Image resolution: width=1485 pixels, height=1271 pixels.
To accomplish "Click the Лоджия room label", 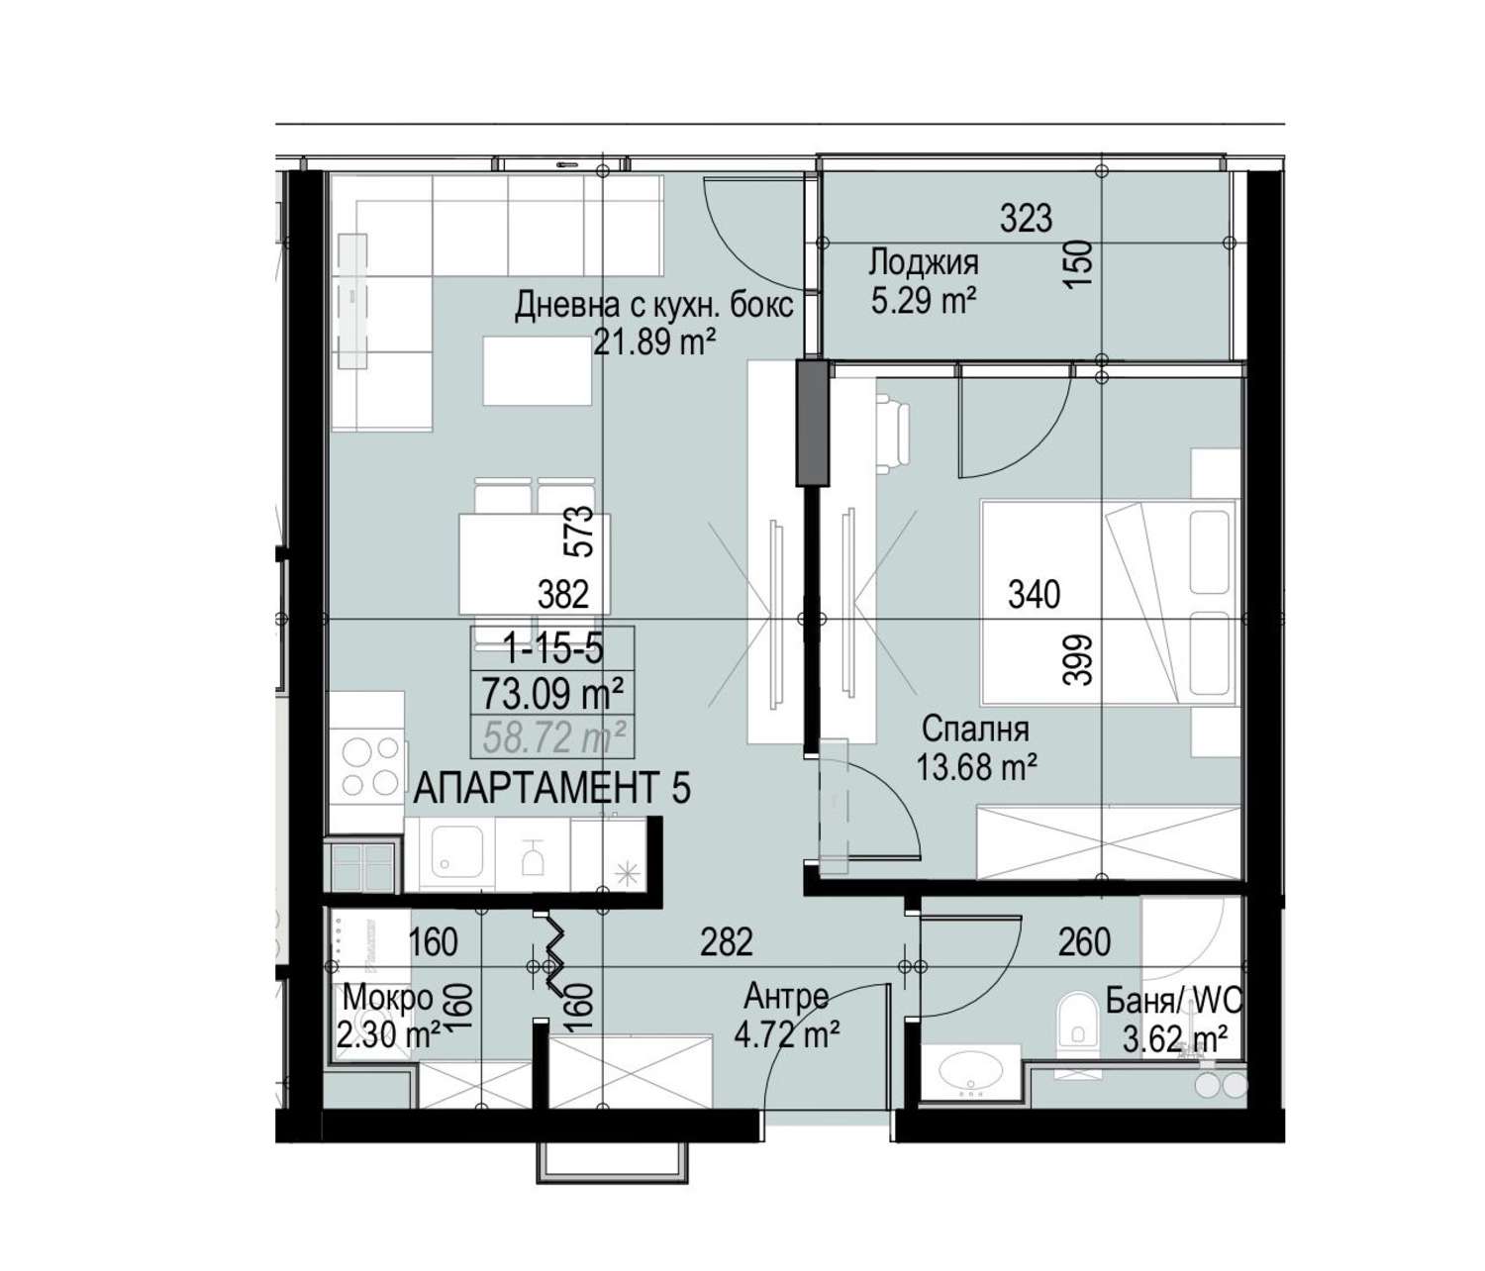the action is coord(923,263).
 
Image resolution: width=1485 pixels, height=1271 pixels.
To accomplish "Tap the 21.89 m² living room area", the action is coord(654,343).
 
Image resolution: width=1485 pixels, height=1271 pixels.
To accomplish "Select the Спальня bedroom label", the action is coord(975,729).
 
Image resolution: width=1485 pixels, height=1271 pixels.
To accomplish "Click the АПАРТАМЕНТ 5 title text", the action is coord(552,788).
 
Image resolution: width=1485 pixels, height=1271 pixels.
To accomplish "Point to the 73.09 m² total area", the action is coord(551,694).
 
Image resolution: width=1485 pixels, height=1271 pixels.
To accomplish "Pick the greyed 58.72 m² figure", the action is coord(554,736).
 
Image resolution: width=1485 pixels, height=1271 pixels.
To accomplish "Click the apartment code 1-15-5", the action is coord(553,650).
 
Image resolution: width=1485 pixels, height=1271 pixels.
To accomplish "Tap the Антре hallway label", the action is coord(787,997).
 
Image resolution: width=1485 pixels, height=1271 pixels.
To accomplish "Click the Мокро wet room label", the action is coord(388,999).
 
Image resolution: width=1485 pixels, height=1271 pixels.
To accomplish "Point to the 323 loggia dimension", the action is coord(1027,219).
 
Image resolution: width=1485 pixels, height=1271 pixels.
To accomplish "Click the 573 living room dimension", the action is coord(580,532).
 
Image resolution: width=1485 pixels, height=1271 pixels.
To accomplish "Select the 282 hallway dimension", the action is coord(727,942).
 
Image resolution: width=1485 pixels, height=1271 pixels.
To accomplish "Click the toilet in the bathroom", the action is coord(1078,1019).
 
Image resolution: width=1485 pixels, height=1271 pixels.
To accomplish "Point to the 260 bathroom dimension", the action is coord(1084,942).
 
